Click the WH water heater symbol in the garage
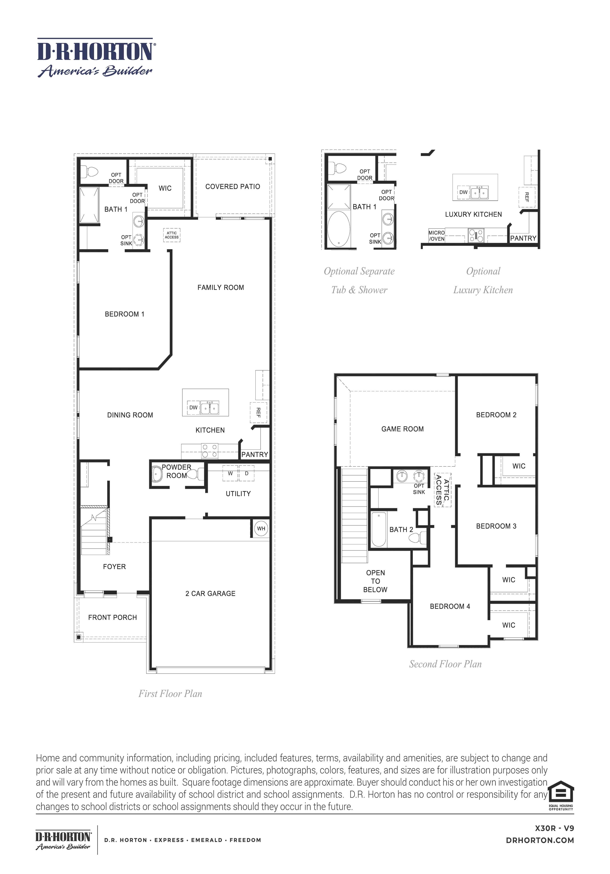[261, 528]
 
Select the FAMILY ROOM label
[221, 287]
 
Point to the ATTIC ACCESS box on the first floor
[171, 235]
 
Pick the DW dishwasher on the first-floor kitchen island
[193, 407]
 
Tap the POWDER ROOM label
[176, 471]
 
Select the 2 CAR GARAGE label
[210, 593]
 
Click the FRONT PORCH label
[112, 617]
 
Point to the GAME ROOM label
[402, 429]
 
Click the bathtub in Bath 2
[379, 529]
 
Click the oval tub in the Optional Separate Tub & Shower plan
[339, 229]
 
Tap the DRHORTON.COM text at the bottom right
[540, 840]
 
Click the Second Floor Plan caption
[445, 664]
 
